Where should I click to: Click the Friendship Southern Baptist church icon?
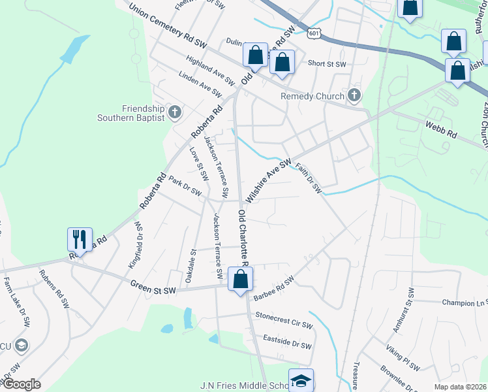coord(174,112)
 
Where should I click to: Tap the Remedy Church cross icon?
coord(354,96)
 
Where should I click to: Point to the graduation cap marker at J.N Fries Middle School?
coord(301,382)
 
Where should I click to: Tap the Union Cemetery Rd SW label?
coord(168,27)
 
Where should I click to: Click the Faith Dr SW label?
coord(309,178)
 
